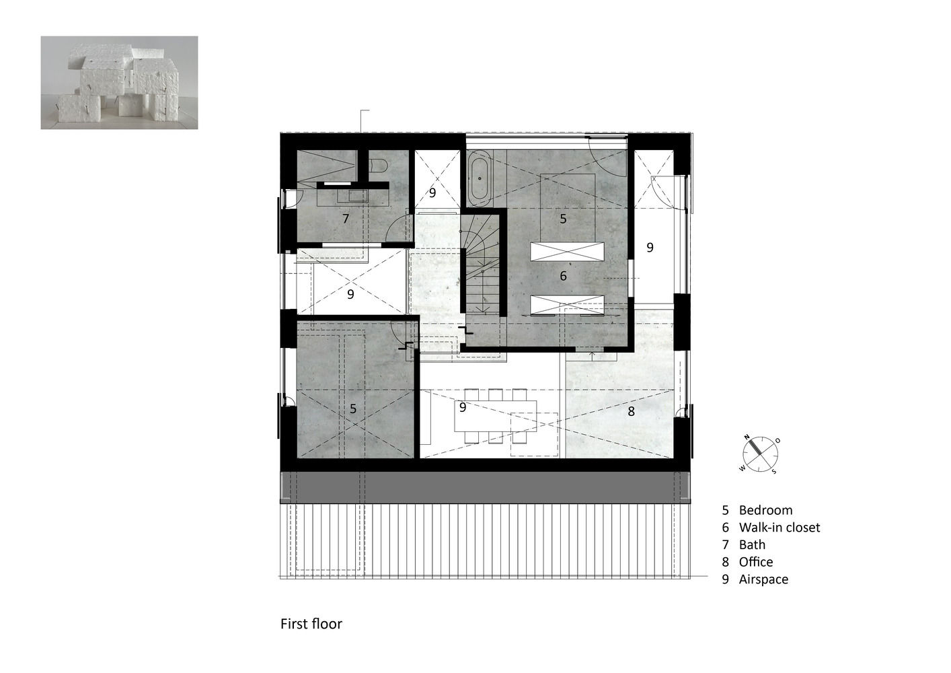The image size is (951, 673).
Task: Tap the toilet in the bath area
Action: pos(377,166)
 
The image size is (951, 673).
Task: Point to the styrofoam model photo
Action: pos(119,82)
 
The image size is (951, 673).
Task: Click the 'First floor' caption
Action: pos(311,624)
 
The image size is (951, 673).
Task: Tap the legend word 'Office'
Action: pos(756,562)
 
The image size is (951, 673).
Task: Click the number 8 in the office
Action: pos(632,411)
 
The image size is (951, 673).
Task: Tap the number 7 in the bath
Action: pos(346,219)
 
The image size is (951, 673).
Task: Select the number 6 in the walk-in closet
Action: pos(563,276)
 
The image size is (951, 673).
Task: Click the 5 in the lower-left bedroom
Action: pos(353,409)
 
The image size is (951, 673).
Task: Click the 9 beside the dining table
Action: pos(463,407)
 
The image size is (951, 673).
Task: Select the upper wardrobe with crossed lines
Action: pos(567,251)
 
